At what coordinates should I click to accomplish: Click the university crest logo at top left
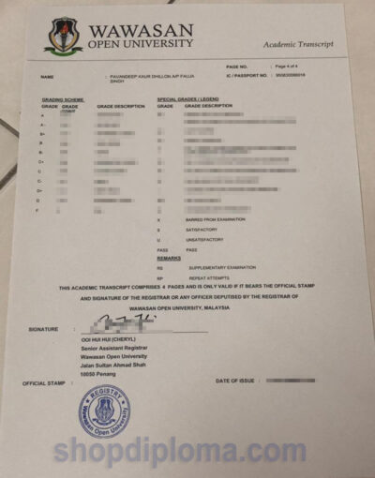63,35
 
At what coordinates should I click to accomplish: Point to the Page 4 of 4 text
286,67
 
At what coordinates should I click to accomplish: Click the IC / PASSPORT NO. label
247,75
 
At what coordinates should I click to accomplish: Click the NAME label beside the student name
47,77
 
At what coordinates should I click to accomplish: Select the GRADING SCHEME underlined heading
62,98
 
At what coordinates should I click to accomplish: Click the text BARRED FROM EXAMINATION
217,219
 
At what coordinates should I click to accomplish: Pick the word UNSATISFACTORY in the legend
208,239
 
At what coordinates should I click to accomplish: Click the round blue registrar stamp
104,411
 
